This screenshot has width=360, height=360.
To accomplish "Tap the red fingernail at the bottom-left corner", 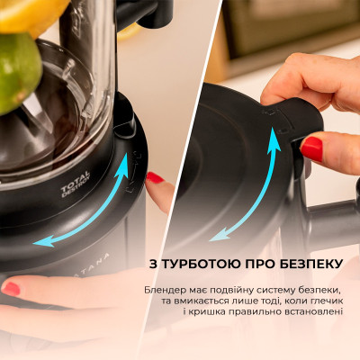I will (12, 289).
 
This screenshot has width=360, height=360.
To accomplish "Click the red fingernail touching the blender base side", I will (156, 178).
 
